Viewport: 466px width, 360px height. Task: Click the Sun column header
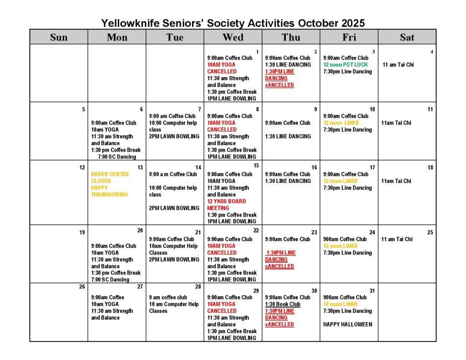(59, 37)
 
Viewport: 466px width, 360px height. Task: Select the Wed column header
(233, 37)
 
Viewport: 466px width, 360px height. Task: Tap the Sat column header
(407, 37)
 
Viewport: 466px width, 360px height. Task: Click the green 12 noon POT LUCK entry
(345, 65)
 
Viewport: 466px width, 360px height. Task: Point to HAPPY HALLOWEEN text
(347, 325)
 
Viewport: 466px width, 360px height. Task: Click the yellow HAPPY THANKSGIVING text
(109, 191)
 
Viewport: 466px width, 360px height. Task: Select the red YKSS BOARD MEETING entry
(226, 204)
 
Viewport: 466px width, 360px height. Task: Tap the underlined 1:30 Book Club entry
(283, 304)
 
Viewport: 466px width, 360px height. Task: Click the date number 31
(372, 291)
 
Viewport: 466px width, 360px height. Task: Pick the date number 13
(140, 167)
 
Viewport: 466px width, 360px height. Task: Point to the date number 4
(431, 51)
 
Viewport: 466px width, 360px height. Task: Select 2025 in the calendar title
(350, 23)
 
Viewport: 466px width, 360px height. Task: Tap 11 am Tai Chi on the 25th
(397, 239)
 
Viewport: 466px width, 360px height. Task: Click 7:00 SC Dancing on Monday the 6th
(116, 157)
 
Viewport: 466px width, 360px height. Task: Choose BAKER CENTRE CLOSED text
(110, 177)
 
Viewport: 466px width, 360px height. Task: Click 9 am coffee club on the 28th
(168, 297)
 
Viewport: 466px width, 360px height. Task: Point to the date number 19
(82, 232)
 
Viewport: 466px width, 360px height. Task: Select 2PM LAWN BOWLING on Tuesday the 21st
(174, 259)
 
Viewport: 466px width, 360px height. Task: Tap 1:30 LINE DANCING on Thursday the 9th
(288, 136)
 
